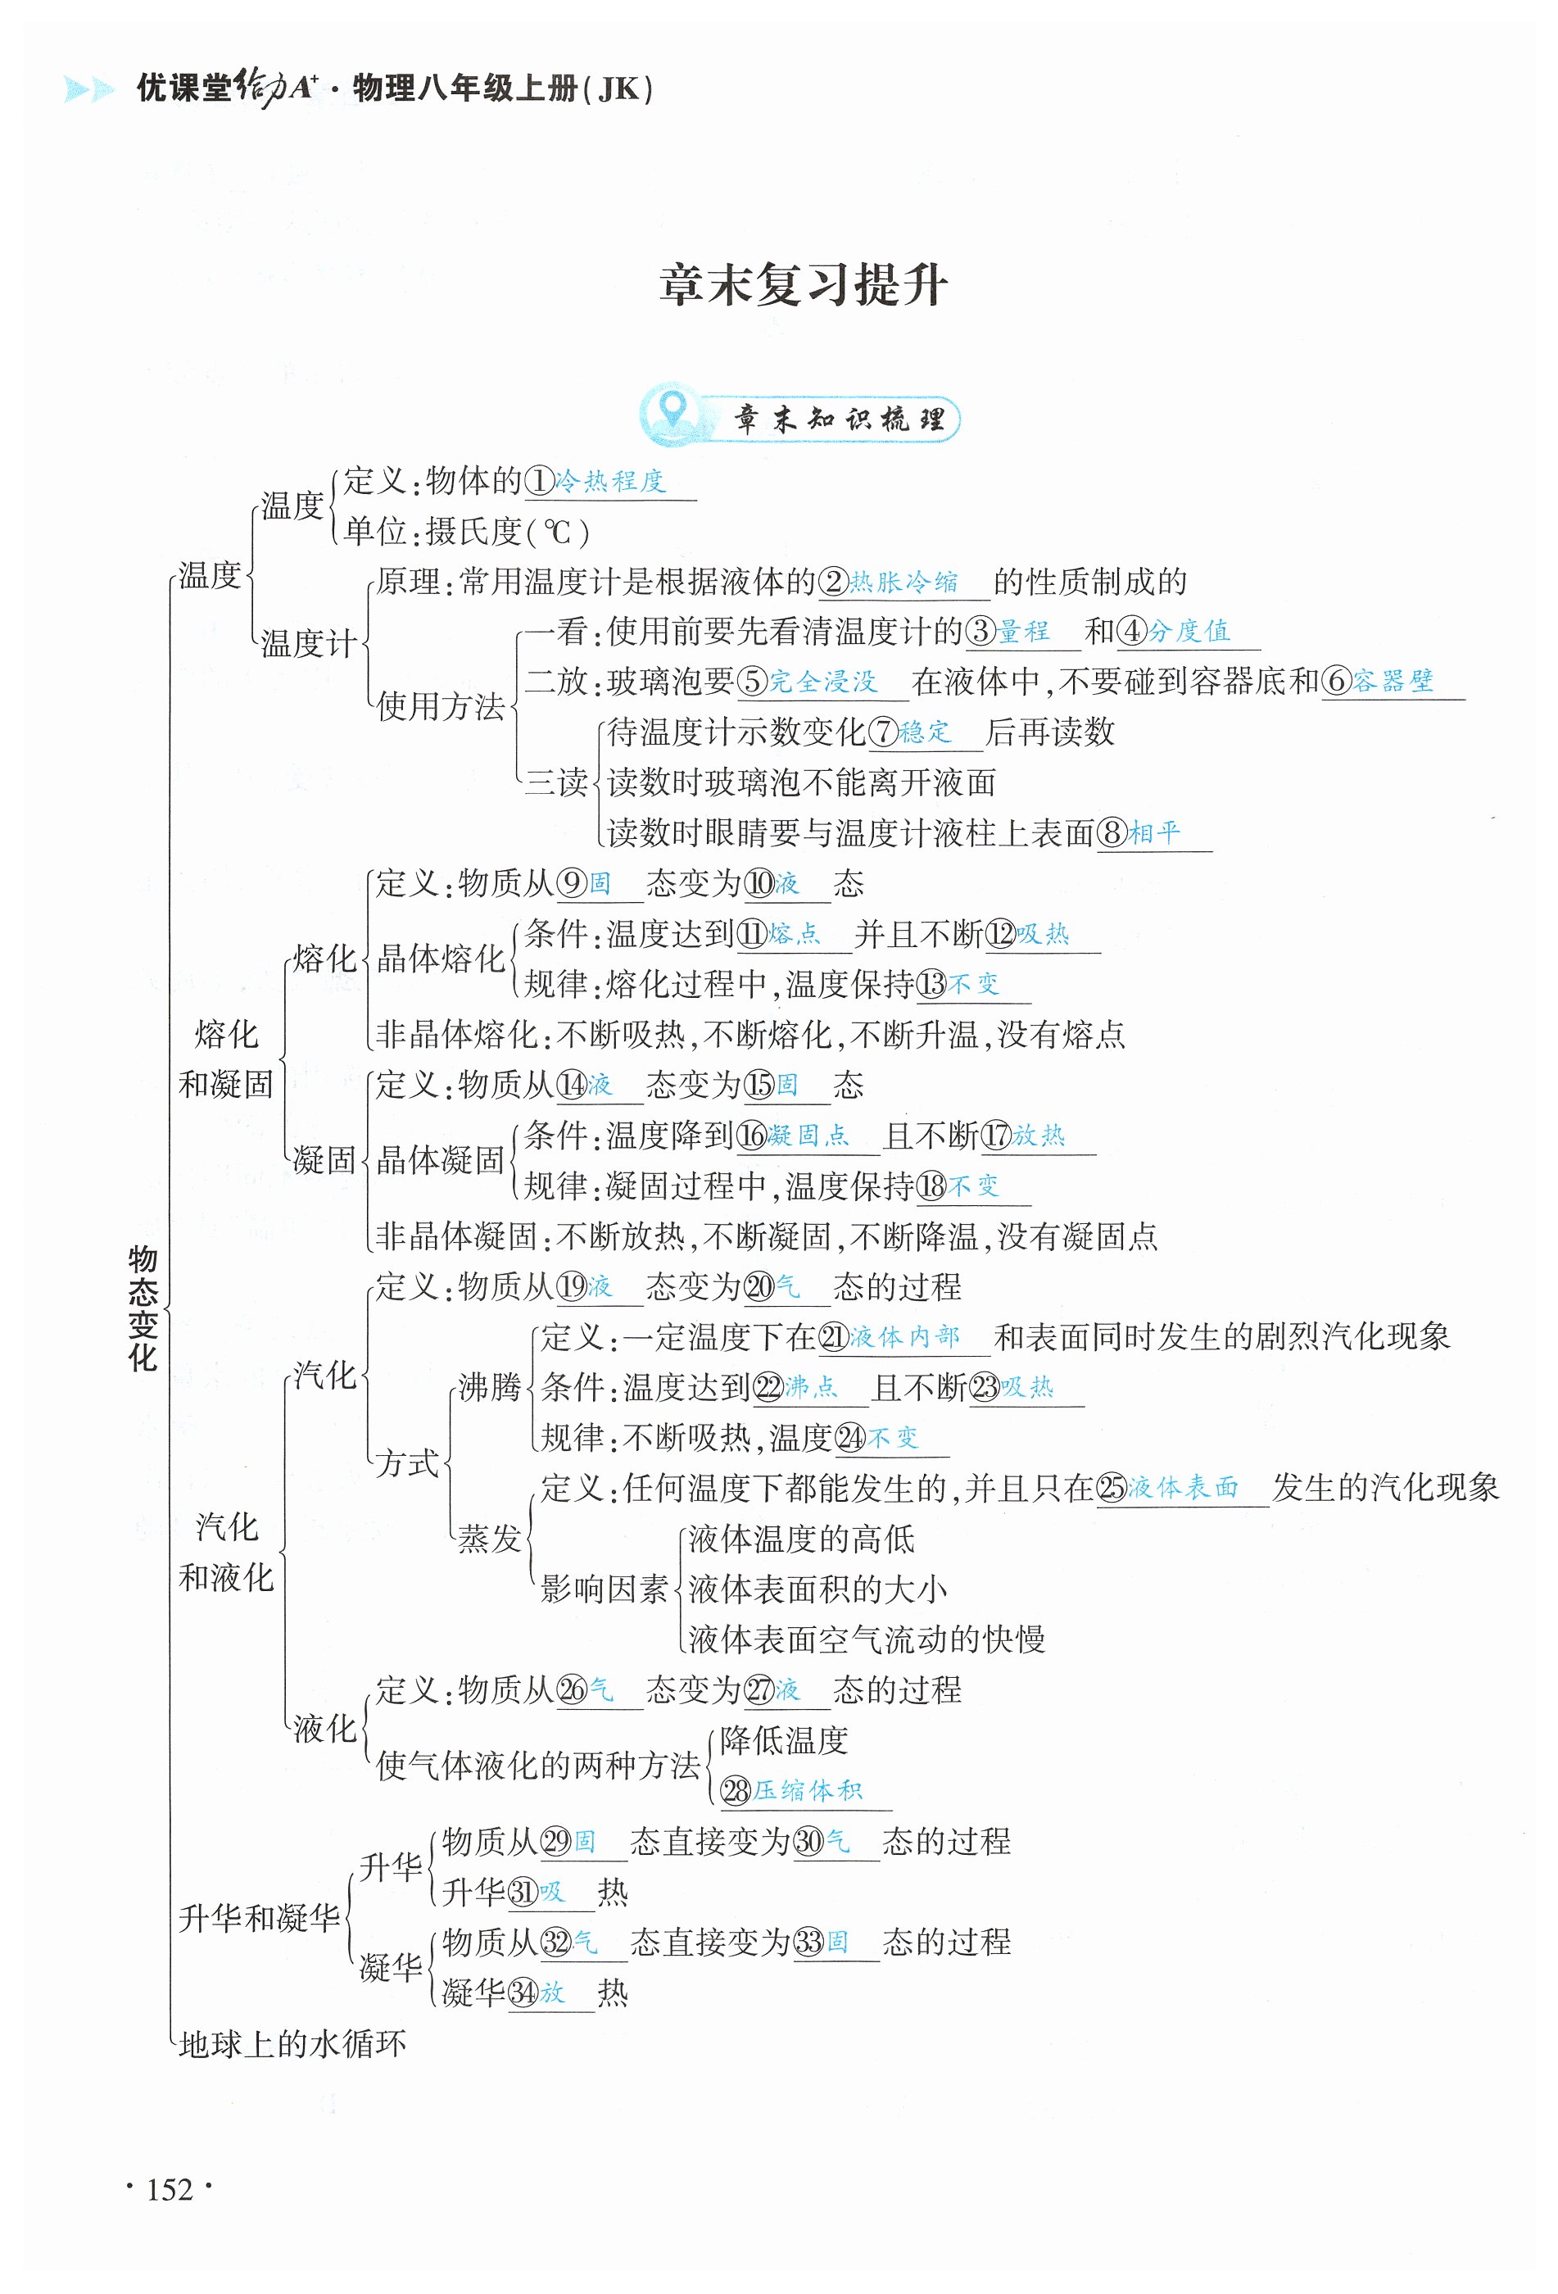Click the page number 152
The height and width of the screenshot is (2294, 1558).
(169, 2190)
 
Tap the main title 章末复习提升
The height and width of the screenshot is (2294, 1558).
(804, 285)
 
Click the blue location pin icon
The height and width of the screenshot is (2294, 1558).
(673, 410)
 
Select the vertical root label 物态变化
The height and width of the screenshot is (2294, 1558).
(143, 1308)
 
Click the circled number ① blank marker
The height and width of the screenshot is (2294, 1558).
(539, 482)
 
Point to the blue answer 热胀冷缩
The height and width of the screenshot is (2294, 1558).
(904, 583)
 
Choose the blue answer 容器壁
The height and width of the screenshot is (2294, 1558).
(1393, 681)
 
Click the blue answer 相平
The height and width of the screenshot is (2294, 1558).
(1154, 833)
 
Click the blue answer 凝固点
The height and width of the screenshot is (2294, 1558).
(807, 1136)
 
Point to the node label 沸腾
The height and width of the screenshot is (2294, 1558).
(489, 1388)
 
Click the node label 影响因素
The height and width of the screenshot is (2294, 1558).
(604, 1589)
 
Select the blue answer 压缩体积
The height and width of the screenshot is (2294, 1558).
(807, 1791)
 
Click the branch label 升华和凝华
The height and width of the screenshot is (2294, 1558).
(260, 1918)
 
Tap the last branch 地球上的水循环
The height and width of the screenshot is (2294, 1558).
(292, 2043)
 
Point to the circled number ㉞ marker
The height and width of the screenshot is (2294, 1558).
(522, 1993)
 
